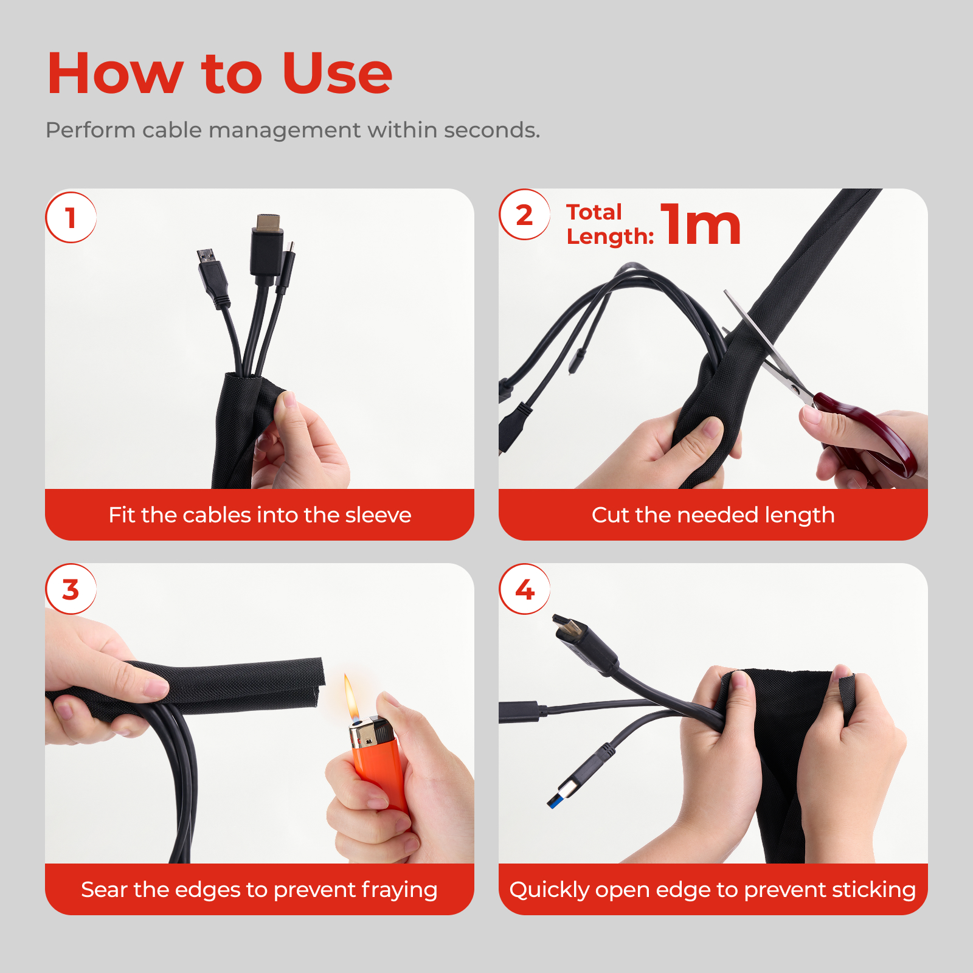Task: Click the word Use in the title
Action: (x=337, y=74)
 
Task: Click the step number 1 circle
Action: (x=71, y=218)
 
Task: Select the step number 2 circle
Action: (x=524, y=215)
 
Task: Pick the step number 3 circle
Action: (x=71, y=589)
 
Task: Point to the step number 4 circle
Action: (x=524, y=589)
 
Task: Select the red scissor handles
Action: (x=870, y=435)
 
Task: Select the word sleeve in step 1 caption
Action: (x=378, y=515)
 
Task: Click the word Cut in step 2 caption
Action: (x=610, y=515)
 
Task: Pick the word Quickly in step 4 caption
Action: (x=549, y=890)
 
